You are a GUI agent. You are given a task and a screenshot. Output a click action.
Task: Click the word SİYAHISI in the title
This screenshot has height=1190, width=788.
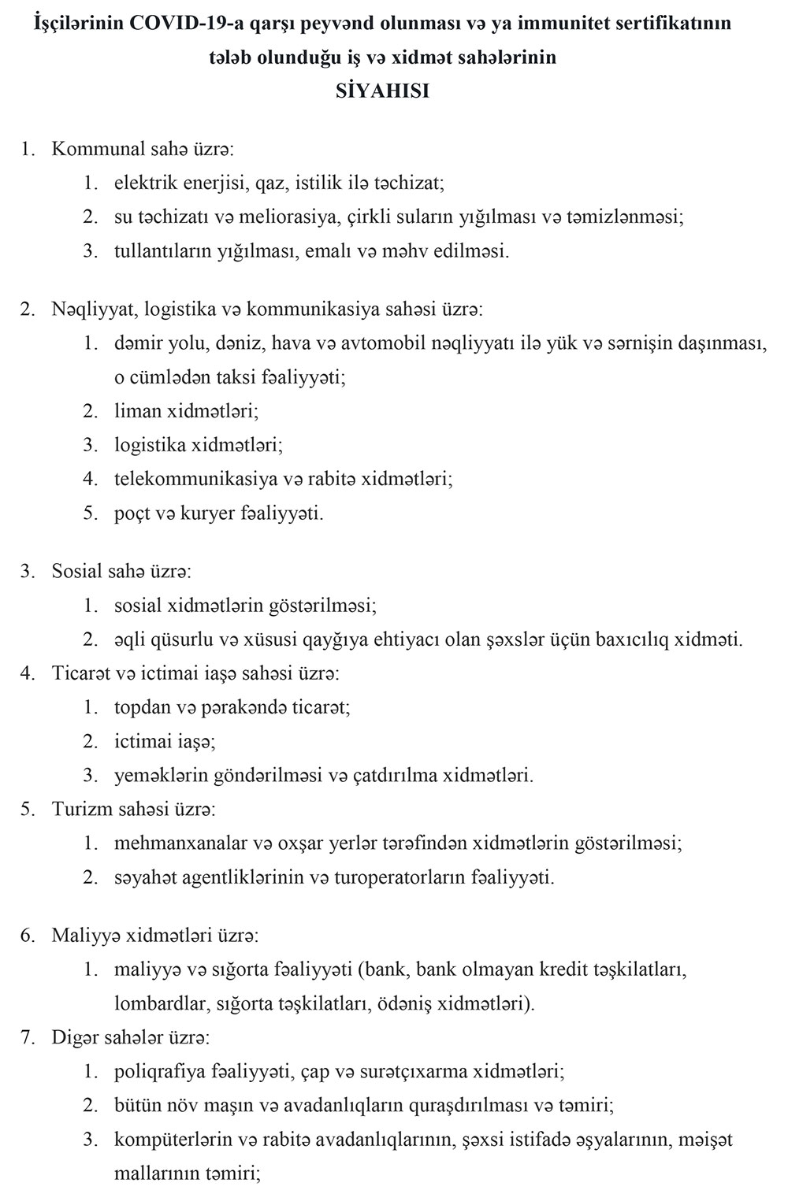(x=382, y=91)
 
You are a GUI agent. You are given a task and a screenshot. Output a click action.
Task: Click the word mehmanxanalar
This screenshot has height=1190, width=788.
(x=180, y=843)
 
